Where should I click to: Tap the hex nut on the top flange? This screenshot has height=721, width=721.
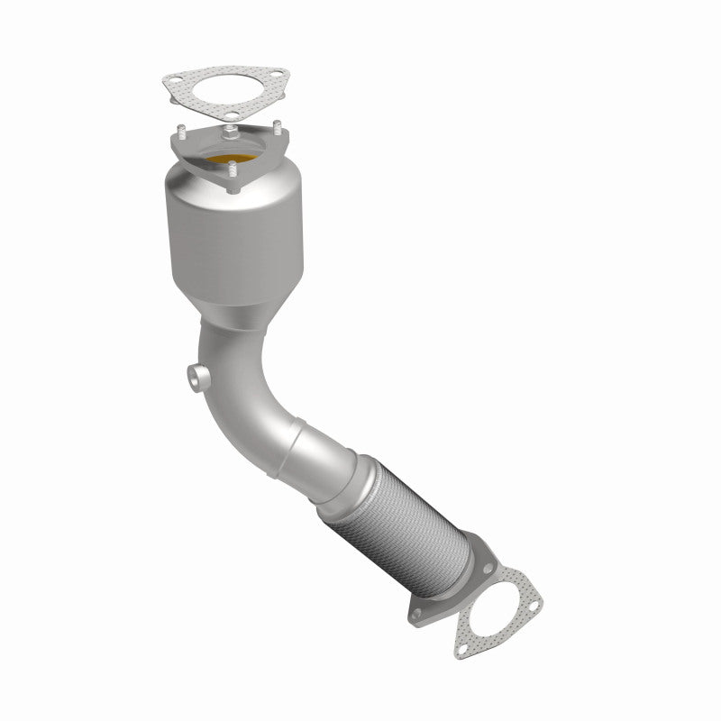pos(231,133)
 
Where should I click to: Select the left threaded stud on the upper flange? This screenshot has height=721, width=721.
pos(181,132)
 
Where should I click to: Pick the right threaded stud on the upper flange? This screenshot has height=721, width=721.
pos(278,127)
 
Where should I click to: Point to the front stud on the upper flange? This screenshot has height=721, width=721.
pos(232,168)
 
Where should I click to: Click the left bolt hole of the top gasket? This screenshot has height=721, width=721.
pos(176,78)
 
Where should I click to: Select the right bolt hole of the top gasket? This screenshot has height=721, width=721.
pos(277,74)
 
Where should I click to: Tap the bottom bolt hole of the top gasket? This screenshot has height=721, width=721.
pos(232,114)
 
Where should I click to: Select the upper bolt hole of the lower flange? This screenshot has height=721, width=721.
pos(488,568)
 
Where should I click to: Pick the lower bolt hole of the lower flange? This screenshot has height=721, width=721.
pos(416,613)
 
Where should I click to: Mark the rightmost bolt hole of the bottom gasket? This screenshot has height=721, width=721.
pos(534,606)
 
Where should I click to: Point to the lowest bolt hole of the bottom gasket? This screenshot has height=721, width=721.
pos(463,649)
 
